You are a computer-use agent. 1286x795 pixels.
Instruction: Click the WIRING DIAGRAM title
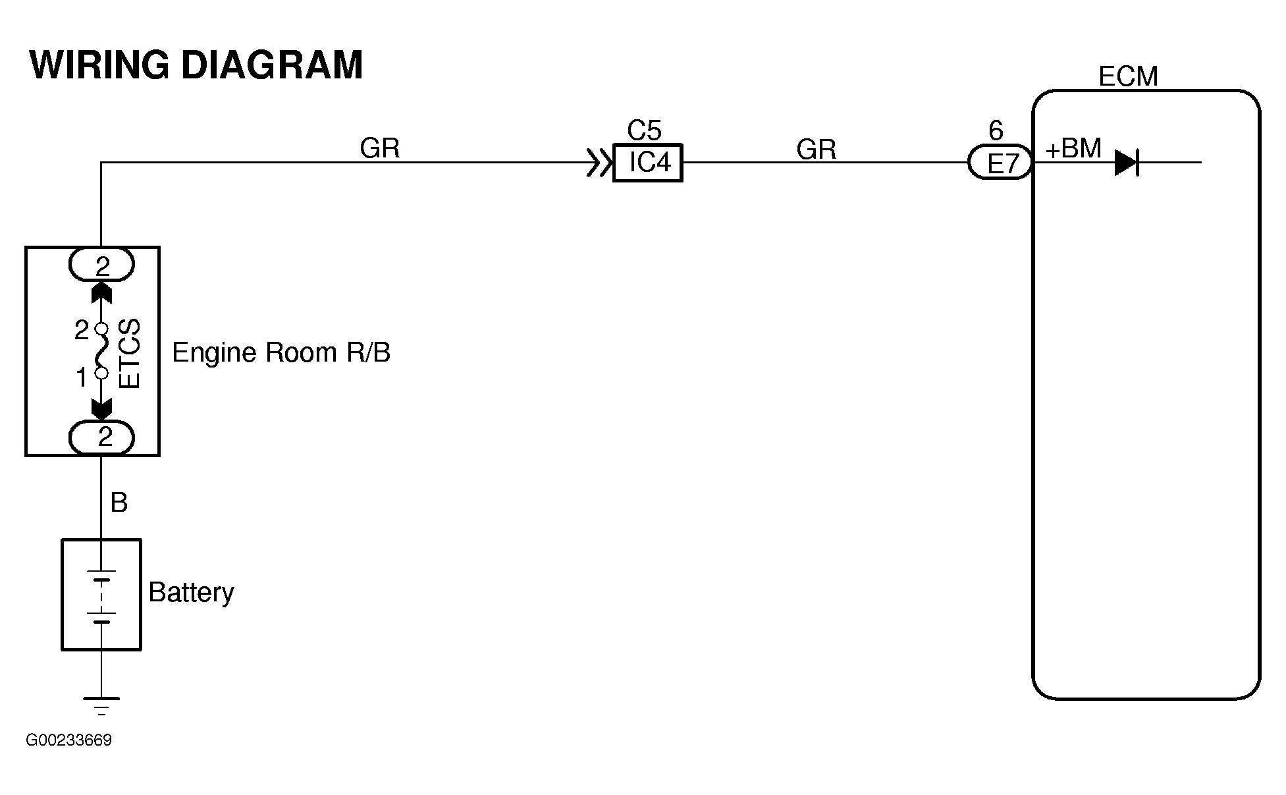pyautogui.click(x=196, y=66)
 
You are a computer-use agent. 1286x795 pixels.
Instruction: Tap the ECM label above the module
pyautogui.click(x=1127, y=77)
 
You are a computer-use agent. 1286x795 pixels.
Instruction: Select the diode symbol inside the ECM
pyautogui.click(x=1127, y=162)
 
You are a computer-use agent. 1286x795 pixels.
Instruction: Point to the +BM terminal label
pyautogui.click(x=1073, y=150)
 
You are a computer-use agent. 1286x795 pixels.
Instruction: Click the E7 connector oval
pyautogui.click(x=1000, y=162)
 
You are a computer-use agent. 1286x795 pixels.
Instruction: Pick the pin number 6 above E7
pyautogui.click(x=996, y=131)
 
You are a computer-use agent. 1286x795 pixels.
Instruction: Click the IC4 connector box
pyautogui.click(x=648, y=162)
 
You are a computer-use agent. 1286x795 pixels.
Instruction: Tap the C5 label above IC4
pyautogui.click(x=644, y=131)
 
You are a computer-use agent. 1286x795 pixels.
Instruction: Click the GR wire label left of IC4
pyautogui.click(x=380, y=149)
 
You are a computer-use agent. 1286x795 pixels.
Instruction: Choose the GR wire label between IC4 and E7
pyautogui.click(x=816, y=150)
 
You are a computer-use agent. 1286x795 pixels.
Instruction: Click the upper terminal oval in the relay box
pyautogui.click(x=102, y=265)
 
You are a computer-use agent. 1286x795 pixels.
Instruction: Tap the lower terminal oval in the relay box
pyautogui.click(x=102, y=437)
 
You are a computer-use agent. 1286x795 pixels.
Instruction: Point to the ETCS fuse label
pyautogui.click(x=130, y=354)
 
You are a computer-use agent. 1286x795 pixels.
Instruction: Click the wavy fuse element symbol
pyautogui.click(x=101, y=351)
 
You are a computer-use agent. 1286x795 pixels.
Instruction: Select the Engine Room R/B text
pyautogui.click(x=281, y=353)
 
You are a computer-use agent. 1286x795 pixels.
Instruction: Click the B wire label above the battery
pyautogui.click(x=119, y=503)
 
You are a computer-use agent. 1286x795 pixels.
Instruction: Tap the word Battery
pyautogui.click(x=191, y=593)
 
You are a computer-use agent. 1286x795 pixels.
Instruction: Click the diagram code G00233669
pyautogui.click(x=69, y=740)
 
